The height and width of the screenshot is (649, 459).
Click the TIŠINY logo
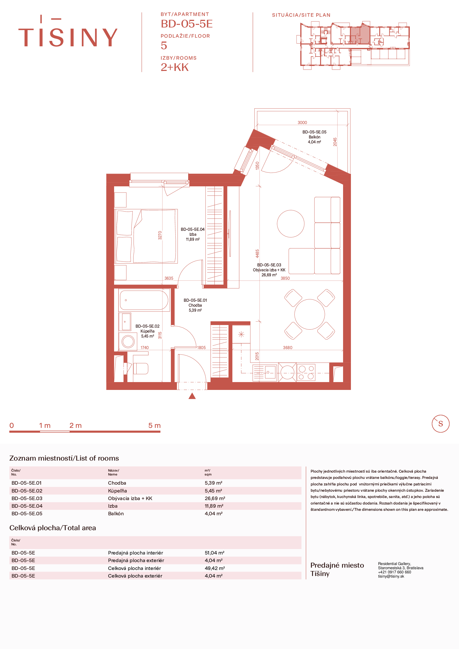pos(68,31)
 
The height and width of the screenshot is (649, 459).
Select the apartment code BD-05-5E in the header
pos(187,24)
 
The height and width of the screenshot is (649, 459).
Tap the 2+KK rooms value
pos(174,67)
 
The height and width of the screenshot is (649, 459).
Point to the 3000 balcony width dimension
pos(302,122)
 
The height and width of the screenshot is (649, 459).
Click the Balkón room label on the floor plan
pos(314,137)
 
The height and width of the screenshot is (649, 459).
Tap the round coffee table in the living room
pos(290,223)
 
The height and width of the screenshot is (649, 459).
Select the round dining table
pos(310,314)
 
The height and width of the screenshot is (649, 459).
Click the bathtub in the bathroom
pos(144,300)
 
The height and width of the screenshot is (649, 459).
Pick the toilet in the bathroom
pos(141,368)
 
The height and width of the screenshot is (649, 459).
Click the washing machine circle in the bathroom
pos(128,342)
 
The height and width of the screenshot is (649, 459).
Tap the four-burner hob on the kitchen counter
pos(306,372)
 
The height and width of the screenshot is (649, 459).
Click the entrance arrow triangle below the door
pos(192,396)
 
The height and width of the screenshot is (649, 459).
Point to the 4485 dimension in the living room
pos(257,254)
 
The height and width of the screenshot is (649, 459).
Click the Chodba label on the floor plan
pos(195,305)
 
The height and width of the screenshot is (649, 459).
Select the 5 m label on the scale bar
pos(154,426)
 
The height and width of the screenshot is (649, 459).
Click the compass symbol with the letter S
pos(440,424)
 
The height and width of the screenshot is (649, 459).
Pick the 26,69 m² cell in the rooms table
pos(215,498)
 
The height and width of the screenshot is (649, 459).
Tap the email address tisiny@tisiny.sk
pos(391,576)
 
